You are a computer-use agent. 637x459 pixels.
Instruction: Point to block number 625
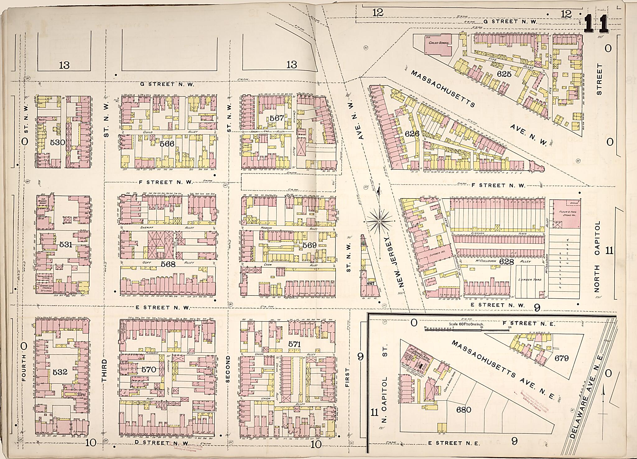coord(504,74)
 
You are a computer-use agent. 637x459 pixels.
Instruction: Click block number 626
coord(412,134)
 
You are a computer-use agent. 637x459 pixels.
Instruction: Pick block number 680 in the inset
coord(463,410)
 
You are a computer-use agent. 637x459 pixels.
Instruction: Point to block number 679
coord(561,358)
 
